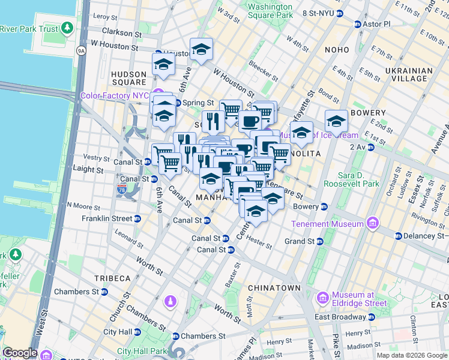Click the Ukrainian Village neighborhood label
point(409,74)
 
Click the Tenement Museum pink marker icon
point(373,224)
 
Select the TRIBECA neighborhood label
point(112,278)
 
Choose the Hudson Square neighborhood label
point(129,78)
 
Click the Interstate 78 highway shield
point(121,190)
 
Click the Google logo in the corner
point(20,353)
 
